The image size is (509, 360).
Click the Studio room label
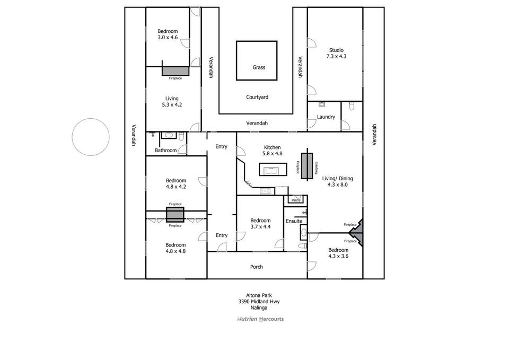[x=336, y=53]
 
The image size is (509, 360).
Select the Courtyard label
[x=257, y=97]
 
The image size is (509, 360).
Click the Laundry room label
[x=326, y=117]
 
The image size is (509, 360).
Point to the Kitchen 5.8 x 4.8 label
[x=272, y=151]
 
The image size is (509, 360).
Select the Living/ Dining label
[x=338, y=182]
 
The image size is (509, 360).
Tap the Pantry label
[x=295, y=200]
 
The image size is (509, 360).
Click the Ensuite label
[x=294, y=221]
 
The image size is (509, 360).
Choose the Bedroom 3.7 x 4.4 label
[x=260, y=224]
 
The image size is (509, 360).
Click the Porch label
[x=257, y=267]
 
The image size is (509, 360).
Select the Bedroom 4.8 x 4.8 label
[x=175, y=248]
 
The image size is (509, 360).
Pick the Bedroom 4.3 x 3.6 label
[x=338, y=253]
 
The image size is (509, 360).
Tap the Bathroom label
[x=165, y=151]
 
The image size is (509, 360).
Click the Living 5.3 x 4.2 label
[x=172, y=101]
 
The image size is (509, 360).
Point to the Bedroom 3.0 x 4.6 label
[x=168, y=34]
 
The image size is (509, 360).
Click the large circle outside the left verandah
[x=91, y=137]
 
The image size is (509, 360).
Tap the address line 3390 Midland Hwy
[x=259, y=302]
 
